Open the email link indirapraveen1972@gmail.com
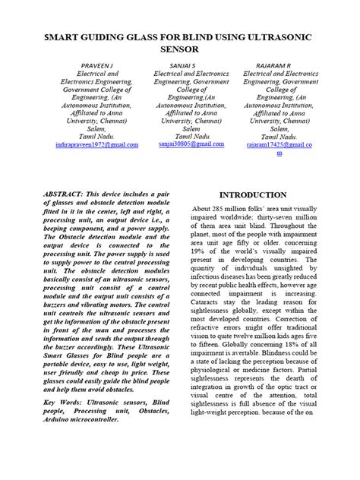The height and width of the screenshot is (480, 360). pyautogui.click(x=97, y=144)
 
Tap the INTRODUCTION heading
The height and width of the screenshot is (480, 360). pyautogui.click(x=253, y=195)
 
